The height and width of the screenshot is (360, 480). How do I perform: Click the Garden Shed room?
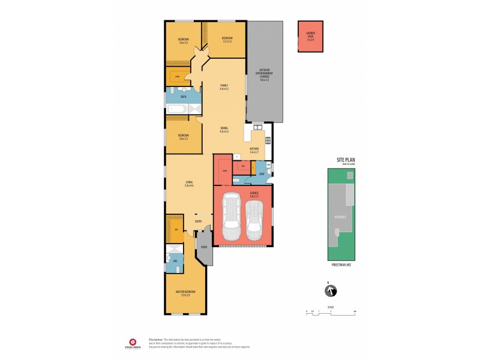pos(310,37)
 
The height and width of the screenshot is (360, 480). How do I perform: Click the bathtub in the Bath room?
pos(178,109)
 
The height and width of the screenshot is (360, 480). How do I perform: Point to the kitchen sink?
pos(257,127)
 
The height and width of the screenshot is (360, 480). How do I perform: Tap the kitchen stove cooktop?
pos(268,141)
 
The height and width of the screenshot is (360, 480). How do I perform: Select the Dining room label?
pos(224,129)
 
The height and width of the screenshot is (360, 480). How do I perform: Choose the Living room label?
pos(188,184)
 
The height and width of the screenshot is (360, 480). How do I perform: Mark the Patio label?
pos(204,247)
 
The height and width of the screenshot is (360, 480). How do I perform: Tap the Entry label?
pos(198,221)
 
